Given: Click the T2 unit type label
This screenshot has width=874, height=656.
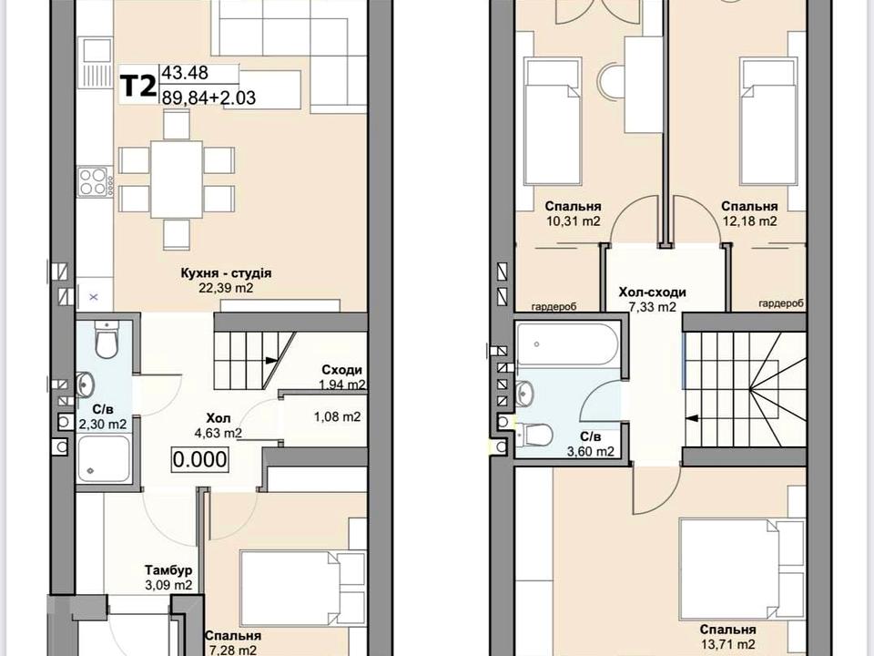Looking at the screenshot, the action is pos(138,86).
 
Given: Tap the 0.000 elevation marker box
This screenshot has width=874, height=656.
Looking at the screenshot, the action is pos(199,459).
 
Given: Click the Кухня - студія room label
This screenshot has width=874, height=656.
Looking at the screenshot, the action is pos(226,273).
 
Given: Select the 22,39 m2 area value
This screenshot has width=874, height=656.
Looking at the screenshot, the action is pos(226,288).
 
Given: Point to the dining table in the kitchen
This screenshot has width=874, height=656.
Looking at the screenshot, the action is pos(176,179).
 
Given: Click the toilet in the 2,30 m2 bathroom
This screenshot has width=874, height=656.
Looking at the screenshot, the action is pos(106,340).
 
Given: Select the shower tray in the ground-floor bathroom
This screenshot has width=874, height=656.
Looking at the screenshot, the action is pos(104,458).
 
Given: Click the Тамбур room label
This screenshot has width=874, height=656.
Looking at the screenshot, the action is pos(168,570).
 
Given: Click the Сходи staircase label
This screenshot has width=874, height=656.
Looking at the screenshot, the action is pos(341,370).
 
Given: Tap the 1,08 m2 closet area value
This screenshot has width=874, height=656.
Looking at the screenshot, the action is pos(337,416).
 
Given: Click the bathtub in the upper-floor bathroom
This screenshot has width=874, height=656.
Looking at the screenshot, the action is pos(567,343).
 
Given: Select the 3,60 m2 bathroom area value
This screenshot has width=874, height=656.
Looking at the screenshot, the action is pos(591,451).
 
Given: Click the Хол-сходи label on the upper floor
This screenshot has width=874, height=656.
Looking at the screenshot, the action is pos(652,292).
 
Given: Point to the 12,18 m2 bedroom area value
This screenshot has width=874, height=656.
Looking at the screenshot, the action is pos(748,220).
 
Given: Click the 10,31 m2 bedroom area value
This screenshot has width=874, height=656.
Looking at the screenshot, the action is pos(573,220).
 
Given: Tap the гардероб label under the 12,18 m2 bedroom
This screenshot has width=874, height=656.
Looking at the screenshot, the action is pos(781,303).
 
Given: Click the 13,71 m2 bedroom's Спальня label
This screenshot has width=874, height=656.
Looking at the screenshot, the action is pos(728,630).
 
